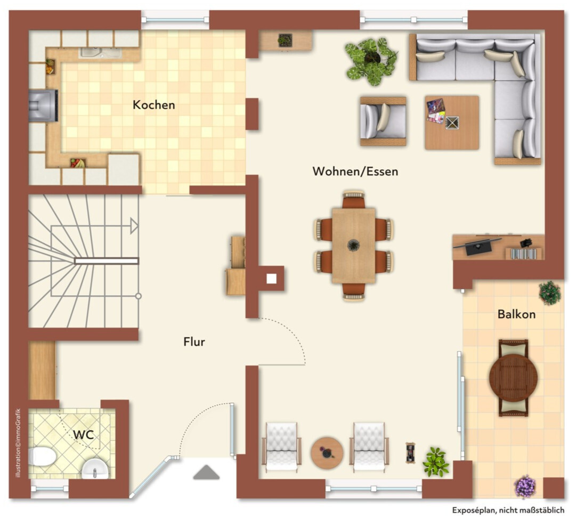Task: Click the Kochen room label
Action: [x=153, y=105]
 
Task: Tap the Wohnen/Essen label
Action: [x=355, y=172]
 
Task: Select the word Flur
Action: [x=194, y=342]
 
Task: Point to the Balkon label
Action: [x=516, y=314]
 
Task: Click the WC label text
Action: [x=83, y=435]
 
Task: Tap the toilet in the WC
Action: [x=42, y=457]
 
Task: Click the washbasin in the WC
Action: [x=95, y=469]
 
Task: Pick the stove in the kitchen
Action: [x=43, y=105]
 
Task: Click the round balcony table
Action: [x=513, y=377]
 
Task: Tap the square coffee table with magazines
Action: [x=452, y=123]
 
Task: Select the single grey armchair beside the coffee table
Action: [x=383, y=121]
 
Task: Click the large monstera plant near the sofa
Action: [x=371, y=61]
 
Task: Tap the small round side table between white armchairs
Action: [x=327, y=453]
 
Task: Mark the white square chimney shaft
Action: [x=271, y=279]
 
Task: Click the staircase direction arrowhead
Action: [x=134, y=226]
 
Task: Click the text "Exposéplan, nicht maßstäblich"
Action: [x=508, y=510]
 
